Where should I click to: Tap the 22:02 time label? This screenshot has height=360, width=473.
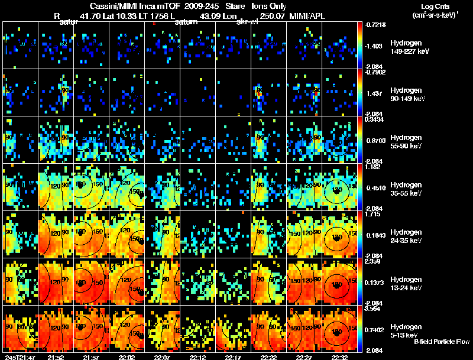tap(127, 356)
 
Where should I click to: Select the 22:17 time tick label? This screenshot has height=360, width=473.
tap(234, 356)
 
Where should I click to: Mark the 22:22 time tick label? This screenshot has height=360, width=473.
tap(269, 356)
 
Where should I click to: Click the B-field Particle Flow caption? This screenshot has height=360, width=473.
tap(442, 342)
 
